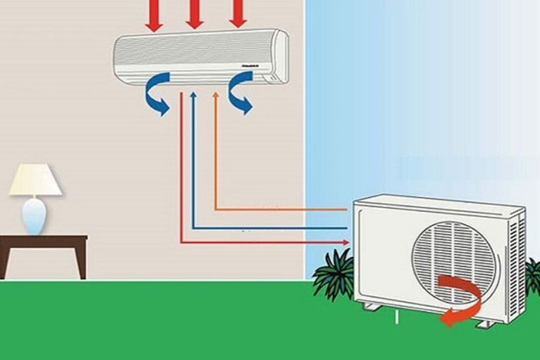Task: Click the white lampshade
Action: click(x=35, y=180)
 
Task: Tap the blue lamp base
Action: click(x=34, y=216)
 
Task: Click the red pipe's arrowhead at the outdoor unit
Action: click(x=346, y=242)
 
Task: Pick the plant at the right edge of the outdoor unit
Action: click(x=533, y=276)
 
